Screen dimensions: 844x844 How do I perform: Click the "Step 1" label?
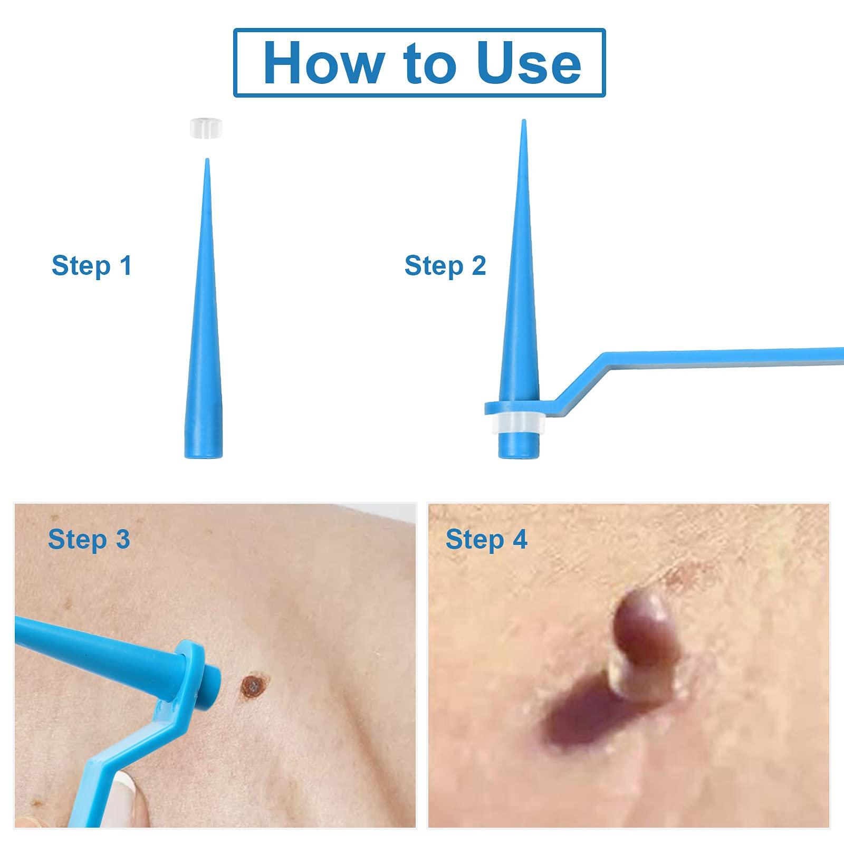pos(91,265)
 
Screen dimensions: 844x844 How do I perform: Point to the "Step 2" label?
pos(445,265)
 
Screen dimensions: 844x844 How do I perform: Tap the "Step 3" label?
pos(89,539)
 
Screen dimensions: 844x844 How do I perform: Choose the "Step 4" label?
pos(486,539)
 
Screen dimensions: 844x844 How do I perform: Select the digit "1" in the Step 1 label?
pos(125,265)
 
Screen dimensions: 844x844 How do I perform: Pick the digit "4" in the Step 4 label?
pos(520,539)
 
